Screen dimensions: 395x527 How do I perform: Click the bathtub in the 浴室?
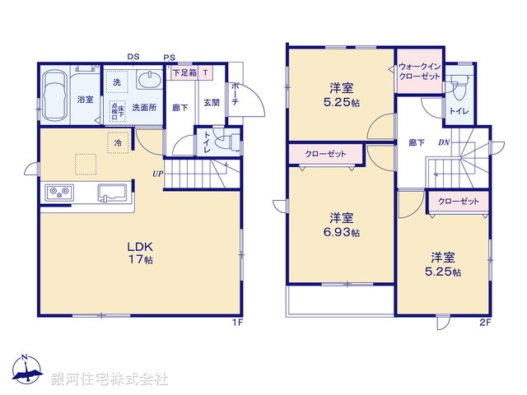(55, 96)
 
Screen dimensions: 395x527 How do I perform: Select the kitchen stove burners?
(60, 193)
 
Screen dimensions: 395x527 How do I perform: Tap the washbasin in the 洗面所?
(149, 81)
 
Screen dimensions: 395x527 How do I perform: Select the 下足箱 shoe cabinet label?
(184, 72)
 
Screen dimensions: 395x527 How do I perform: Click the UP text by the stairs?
(156, 173)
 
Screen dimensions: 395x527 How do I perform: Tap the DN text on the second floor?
(442, 142)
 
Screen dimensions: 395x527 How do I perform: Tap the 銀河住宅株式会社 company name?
(110, 379)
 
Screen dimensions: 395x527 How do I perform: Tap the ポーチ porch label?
(235, 88)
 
